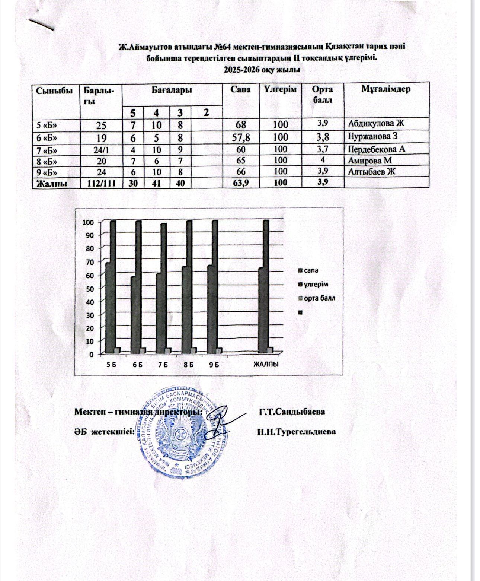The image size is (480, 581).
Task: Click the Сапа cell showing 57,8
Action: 240,138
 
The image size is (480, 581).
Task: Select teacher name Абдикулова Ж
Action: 376,124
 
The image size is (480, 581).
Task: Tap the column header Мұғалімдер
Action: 386,89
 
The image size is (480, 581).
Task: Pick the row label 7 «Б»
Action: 47,150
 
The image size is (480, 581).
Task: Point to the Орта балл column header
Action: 323,95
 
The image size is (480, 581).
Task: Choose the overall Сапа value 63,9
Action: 240,183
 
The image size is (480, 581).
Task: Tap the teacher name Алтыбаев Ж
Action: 371,172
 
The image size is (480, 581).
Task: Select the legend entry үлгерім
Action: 316,285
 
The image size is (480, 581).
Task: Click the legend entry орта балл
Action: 319,298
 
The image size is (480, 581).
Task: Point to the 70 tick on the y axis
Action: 89,261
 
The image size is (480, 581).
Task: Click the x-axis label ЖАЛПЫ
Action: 266,365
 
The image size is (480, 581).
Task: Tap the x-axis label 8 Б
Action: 189,365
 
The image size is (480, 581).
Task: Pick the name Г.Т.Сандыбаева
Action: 292,412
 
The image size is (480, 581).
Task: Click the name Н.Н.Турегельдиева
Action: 296,432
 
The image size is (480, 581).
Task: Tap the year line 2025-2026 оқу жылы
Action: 262,70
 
